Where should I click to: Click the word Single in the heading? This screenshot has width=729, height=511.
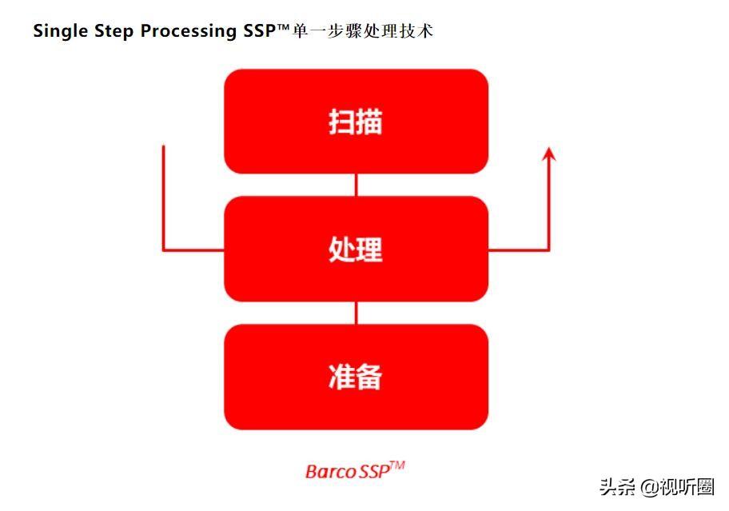pyautogui.click(x=61, y=32)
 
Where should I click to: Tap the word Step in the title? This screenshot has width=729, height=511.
pyautogui.click(x=114, y=32)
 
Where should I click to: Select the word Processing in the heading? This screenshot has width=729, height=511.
pyautogui.click(x=189, y=32)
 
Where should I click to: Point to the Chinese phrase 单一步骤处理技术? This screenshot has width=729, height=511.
pyautogui.click(x=363, y=30)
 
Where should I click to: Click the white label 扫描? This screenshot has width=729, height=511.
pyautogui.click(x=356, y=122)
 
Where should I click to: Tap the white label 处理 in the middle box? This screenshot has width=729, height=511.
pyautogui.click(x=356, y=250)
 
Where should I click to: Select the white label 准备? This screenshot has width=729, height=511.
pyautogui.click(x=356, y=377)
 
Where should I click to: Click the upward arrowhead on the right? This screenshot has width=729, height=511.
pyautogui.click(x=549, y=154)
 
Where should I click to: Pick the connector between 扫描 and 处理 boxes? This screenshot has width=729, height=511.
pyautogui.click(x=357, y=185)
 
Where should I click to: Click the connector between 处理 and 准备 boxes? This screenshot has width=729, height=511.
pyautogui.click(x=357, y=313)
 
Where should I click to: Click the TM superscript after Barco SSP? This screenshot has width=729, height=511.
pyautogui.click(x=397, y=465)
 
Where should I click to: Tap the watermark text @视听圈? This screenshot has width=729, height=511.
pyautogui.click(x=676, y=487)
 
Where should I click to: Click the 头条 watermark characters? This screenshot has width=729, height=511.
pyautogui.click(x=617, y=487)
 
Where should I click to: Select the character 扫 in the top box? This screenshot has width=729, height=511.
pyautogui.click(x=342, y=122)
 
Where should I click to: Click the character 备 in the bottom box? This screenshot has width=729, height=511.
pyautogui.click(x=369, y=377)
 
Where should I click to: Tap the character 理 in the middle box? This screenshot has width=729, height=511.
pyautogui.click(x=369, y=250)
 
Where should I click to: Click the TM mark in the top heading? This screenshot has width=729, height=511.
pyautogui.click(x=284, y=27)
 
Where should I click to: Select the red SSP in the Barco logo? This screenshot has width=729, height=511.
pyautogui.click(x=374, y=472)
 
